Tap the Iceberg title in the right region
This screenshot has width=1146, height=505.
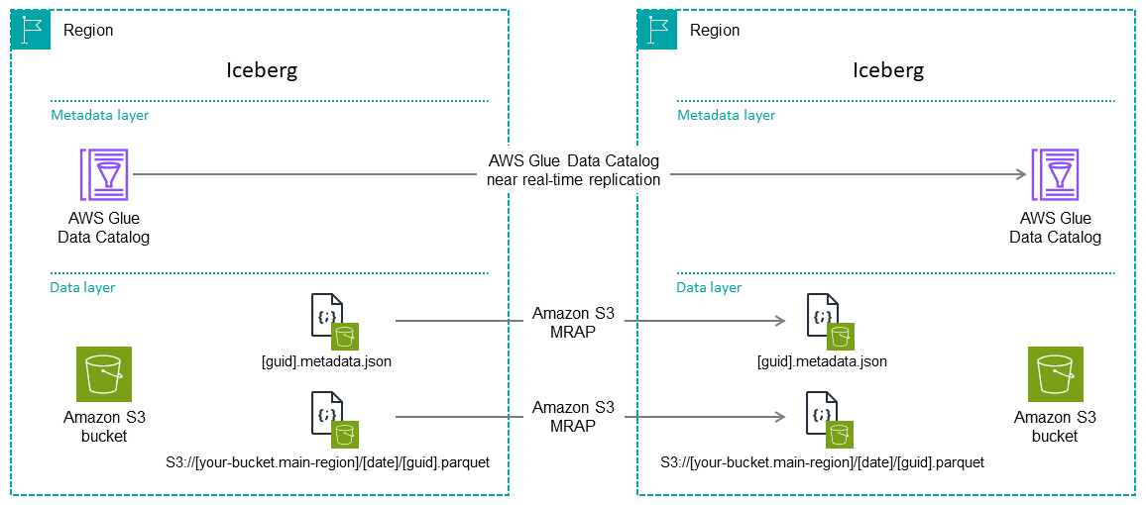(888, 70)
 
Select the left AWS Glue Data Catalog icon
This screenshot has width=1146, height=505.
(103, 175)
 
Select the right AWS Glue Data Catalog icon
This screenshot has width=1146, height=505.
(1055, 175)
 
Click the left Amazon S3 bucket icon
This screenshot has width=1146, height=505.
(103, 374)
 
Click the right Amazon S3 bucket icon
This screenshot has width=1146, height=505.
(1055, 374)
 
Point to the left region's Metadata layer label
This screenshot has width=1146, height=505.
(100, 115)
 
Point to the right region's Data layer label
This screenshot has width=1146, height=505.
(709, 287)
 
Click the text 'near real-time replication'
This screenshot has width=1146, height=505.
(573, 179)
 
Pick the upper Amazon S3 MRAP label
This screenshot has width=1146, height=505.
(573, 321)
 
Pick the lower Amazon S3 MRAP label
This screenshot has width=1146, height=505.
(573, 416)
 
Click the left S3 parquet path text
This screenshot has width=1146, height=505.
(327, 462)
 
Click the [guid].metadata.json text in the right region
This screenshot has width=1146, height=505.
(822, 361)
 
